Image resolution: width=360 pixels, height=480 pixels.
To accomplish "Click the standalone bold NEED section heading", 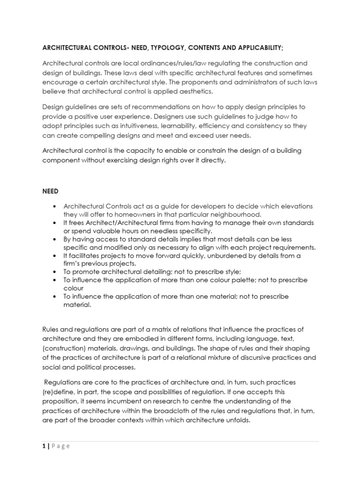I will click(51, 191).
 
